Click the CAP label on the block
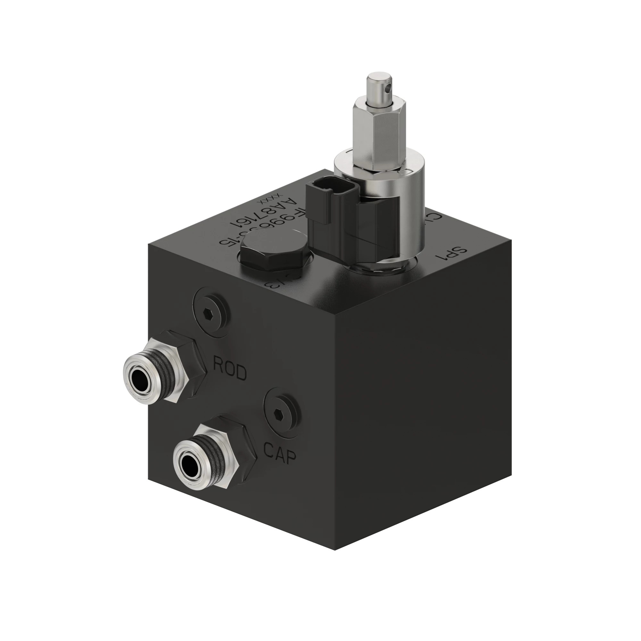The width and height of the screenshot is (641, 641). click(279, 453)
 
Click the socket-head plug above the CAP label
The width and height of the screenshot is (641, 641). click(281, 413)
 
